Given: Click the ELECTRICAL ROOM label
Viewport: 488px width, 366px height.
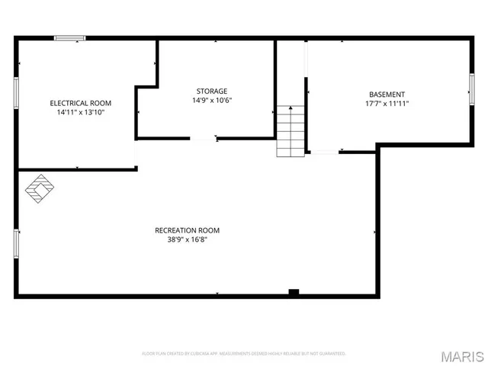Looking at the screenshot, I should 81,103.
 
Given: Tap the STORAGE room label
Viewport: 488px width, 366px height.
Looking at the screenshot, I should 211,91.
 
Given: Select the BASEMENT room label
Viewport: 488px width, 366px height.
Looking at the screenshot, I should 387,95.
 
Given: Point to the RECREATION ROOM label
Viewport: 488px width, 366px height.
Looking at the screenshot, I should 187,230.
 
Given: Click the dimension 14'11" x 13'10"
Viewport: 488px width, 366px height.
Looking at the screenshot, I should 81,112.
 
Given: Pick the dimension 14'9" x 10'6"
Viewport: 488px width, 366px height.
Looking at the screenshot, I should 211,100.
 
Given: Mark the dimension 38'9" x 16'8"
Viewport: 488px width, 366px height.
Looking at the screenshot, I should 187,239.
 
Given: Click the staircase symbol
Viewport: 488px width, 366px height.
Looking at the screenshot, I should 291,131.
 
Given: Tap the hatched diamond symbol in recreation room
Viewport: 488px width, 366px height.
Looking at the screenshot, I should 40,189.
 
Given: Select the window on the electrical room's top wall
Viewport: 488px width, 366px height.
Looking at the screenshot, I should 69,37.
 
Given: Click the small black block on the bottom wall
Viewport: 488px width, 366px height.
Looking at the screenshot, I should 294,292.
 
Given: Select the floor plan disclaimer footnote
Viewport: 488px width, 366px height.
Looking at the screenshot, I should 244,354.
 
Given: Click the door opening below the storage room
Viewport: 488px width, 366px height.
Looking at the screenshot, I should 203,139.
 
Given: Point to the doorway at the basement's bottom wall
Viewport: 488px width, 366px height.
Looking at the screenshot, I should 323,152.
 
